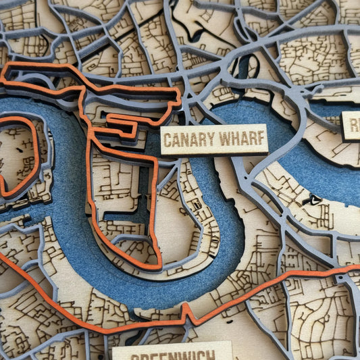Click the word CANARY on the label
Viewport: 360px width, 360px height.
pos(186,140)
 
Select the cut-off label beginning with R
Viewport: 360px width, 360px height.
pos(351,126)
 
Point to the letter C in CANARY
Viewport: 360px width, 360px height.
pos(168,141)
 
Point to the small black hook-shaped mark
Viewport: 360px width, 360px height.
pos(312,199)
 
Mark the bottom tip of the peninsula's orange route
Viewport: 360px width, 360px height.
pos(158,265)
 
